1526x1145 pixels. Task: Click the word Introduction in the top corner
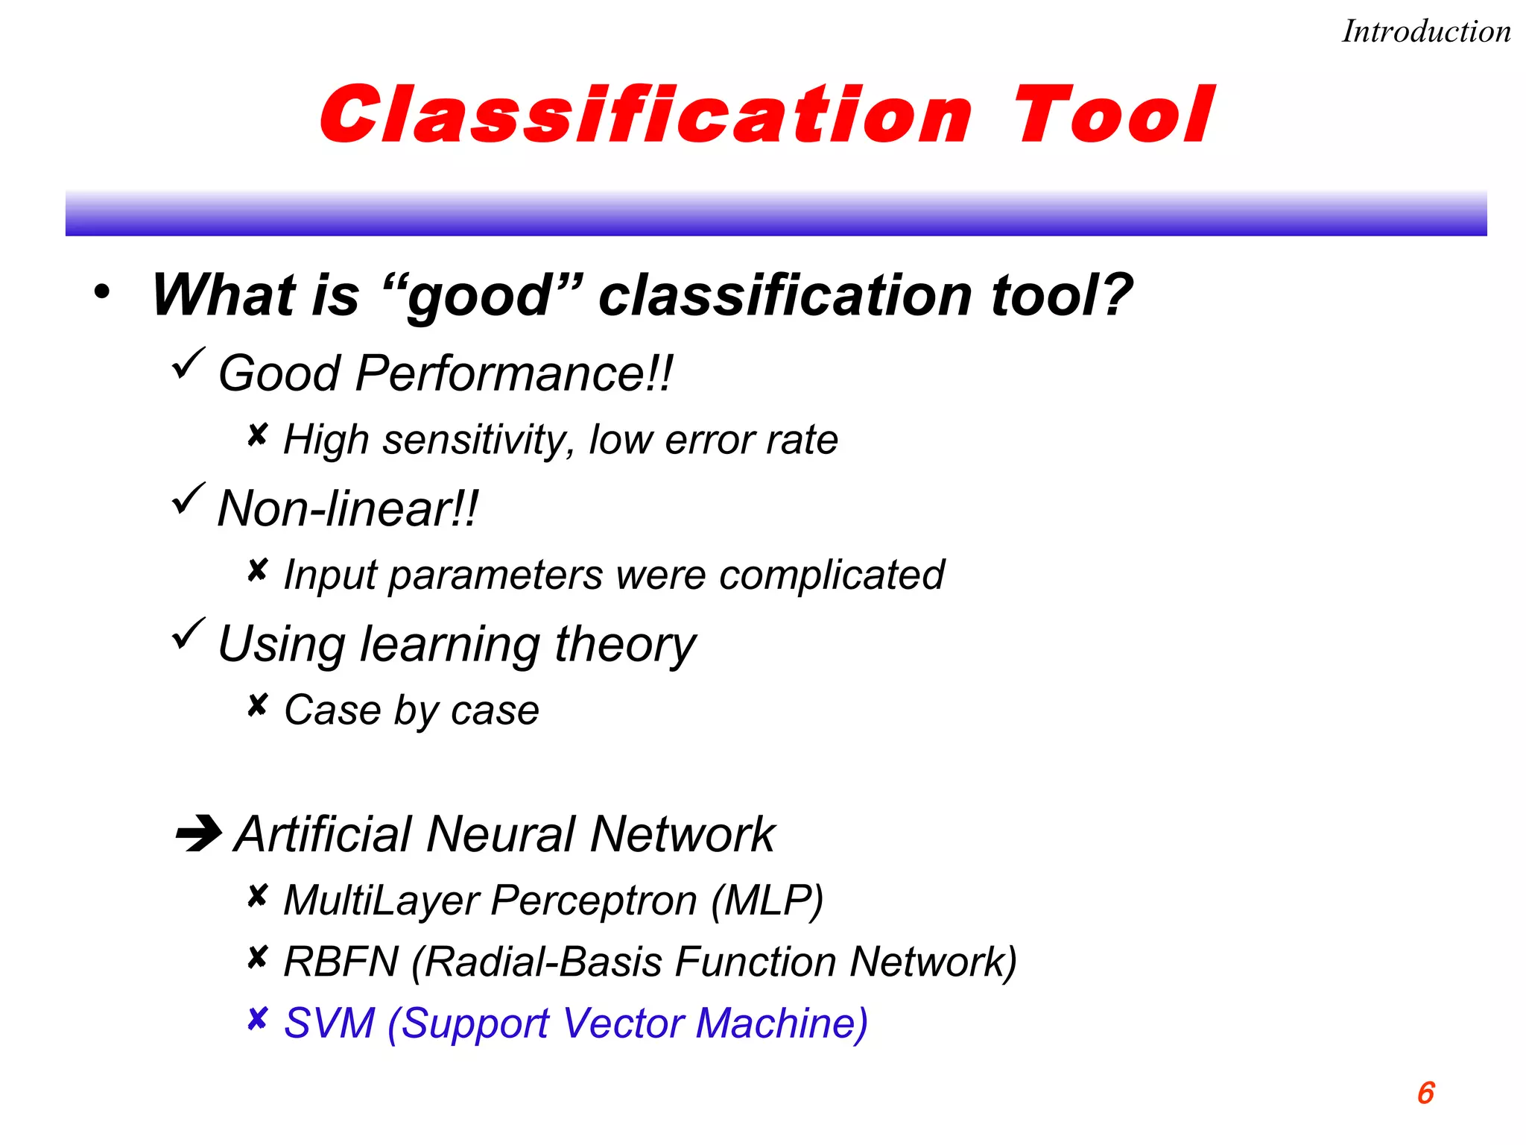click(x=1426, y=32)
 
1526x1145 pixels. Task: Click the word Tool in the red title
click(x=1113, y=116)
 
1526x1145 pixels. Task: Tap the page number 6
click(x=1425, y=1093)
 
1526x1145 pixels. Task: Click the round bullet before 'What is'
click(x=102, y=292)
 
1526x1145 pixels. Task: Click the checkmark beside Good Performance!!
click(x=188, y=364)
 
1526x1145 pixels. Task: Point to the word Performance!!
click(x=514, y=373)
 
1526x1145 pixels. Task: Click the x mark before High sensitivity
click(x=257, y=435)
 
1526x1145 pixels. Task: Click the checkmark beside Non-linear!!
click(x=188, y=499)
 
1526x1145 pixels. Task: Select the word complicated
click(x=832, y=575)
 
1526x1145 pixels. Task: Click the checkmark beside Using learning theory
click(x=188, y=634)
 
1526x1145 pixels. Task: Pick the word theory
click(x=625, y=645)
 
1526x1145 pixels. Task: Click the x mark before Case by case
click(x=257, y=705)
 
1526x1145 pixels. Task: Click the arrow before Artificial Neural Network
click(x=198, y=833)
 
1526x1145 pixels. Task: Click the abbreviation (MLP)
click(x=767, y=900)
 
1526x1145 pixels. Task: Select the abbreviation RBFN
click(x=341, y=962)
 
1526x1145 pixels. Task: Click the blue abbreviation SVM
click(x=329, y=1023)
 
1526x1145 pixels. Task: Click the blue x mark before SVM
click(x=257, y=1018)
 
